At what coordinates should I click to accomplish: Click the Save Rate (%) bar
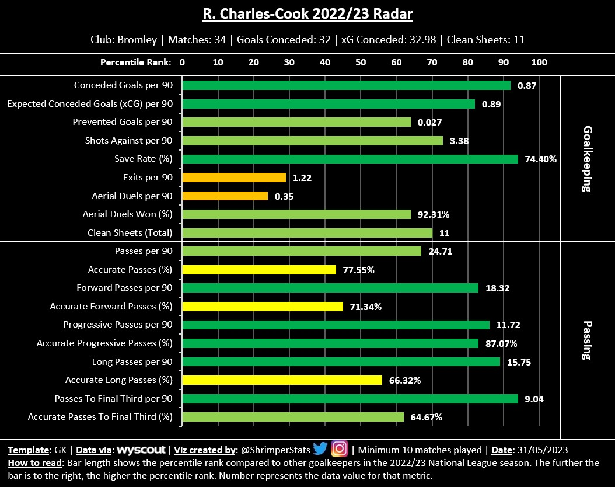click(x=350, y=159)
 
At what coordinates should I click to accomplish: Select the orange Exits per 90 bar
click(x=234, y=178)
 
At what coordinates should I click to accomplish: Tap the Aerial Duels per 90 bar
click(x=225, y=196)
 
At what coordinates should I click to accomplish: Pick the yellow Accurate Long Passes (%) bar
click(x=282, y=380)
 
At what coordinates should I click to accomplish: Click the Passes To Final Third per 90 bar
click(x=350, y=399)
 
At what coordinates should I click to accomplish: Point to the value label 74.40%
click(x=541, y=159)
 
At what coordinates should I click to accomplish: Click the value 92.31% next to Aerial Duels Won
click(x=434, y=214)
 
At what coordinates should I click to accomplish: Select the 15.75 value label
click(x=519, y=362)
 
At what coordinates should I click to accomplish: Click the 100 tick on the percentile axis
click(x=539, y=62)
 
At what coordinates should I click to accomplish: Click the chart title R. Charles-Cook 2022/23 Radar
click(x=307, y=13)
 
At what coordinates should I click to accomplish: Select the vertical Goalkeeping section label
click(x=588, y=159)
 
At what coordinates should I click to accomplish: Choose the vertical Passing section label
click(x=588, y=340)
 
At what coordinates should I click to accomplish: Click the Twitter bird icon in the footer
click(x=320, y=449)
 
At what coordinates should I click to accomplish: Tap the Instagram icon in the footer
click(x=340, y=449)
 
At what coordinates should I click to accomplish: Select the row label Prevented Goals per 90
click(x=123, y=122)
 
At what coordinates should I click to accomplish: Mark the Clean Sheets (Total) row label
click(x=130, y=233)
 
